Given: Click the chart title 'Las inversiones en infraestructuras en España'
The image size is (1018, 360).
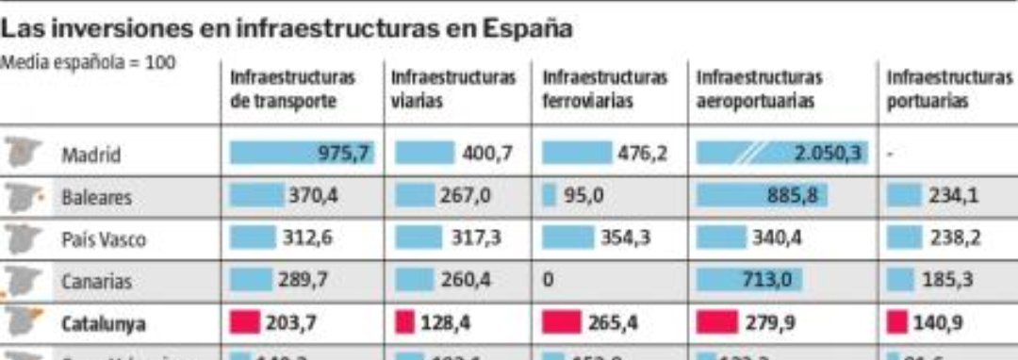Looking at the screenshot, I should coord(287,28).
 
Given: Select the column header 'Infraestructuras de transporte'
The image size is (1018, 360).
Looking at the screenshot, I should coord(292,90).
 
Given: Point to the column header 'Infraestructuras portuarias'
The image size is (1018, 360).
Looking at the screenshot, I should coord(948,90).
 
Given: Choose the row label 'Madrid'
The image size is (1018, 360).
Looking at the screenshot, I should coord(91,155).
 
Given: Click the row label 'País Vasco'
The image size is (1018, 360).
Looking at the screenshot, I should coord(104,239).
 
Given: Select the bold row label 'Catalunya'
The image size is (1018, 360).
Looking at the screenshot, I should coord(104,324).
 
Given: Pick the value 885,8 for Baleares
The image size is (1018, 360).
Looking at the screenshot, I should coord(796,197).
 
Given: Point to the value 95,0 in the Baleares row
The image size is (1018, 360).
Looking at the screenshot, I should coord(583,197).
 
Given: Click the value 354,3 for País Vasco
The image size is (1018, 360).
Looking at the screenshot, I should coord(626,238).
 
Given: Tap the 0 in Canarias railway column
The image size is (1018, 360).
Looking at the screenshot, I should coord(548,281).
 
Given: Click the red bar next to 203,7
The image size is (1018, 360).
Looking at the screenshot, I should coord(244,322).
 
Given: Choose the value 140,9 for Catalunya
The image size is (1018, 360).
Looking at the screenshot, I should coord(938,322).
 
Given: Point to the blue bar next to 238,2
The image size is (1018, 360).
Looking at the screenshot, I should coord(902,238).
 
